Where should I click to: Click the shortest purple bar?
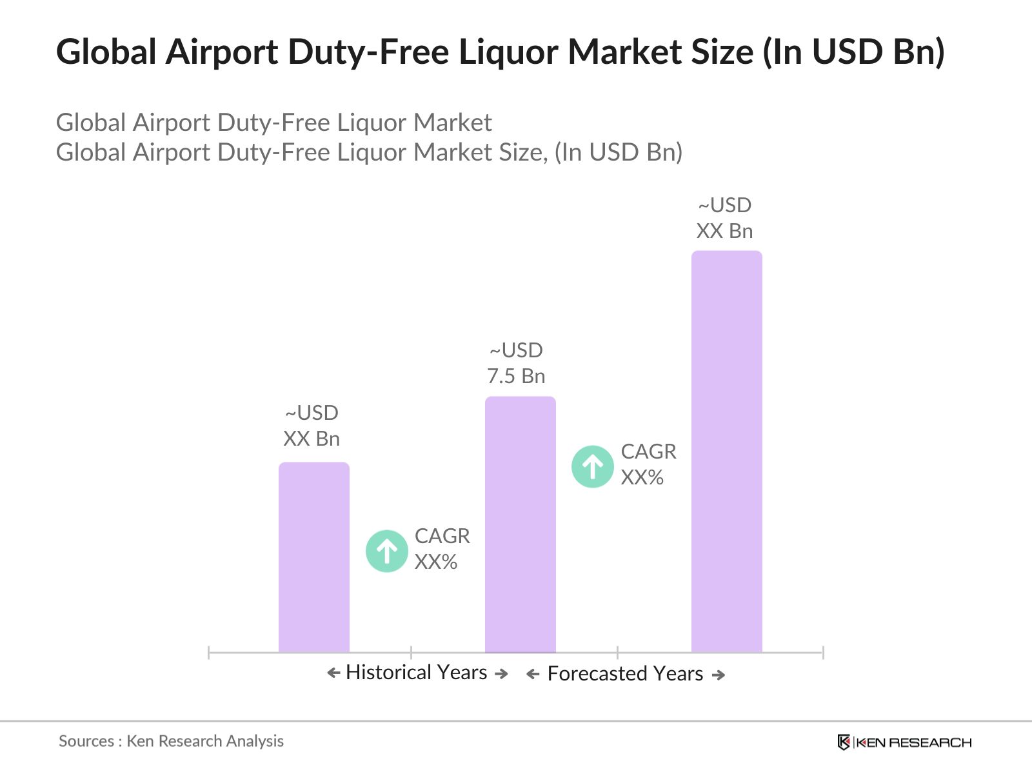[314, 557]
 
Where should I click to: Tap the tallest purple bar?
[727, 451]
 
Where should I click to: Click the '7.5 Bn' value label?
[516, 376]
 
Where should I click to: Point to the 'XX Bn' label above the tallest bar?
[724, 231]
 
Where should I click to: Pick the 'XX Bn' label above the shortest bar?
[312, 439]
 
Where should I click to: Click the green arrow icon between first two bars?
[387, 551]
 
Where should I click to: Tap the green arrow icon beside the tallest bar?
[593, 466]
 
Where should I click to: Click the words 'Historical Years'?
[417, 673]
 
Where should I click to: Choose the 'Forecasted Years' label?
[625, 674]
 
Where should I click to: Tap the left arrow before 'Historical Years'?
[333, 673]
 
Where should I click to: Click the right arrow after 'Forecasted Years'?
[719, 675]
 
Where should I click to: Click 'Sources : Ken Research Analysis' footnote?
[171, 741]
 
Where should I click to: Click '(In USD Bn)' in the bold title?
[854, 52]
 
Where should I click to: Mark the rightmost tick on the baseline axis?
[823, 653]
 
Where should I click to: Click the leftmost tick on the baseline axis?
[209, 653]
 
